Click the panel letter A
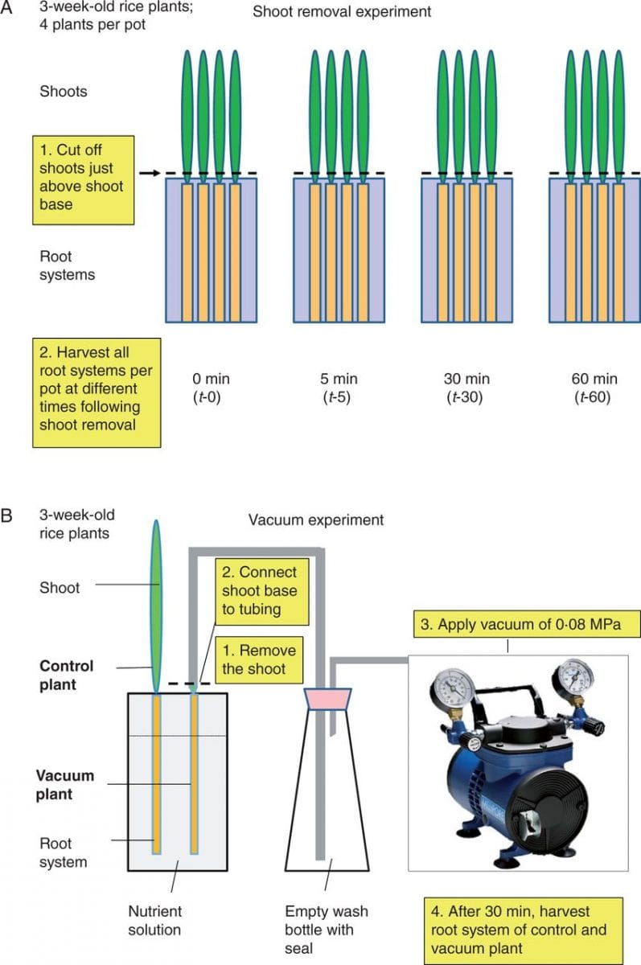(9, 10)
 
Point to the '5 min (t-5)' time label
(338, 388)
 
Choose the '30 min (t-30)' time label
(466, 388)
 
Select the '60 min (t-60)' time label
(594, 388)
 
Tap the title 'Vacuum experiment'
(315, 520)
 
